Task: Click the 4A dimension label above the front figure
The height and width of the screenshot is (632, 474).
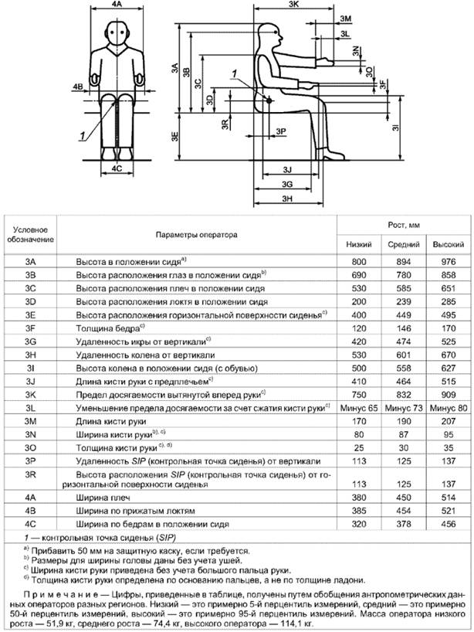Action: [x=117, y=5]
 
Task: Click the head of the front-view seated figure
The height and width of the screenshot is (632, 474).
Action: [x=117, y=33]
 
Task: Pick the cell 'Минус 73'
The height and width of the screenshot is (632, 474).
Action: [x=402, y=406]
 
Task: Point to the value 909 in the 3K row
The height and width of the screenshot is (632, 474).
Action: [x=447, y=393]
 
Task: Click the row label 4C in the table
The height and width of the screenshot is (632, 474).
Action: [x=32, y=523]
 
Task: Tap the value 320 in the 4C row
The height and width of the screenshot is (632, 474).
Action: [x=357, y=523]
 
